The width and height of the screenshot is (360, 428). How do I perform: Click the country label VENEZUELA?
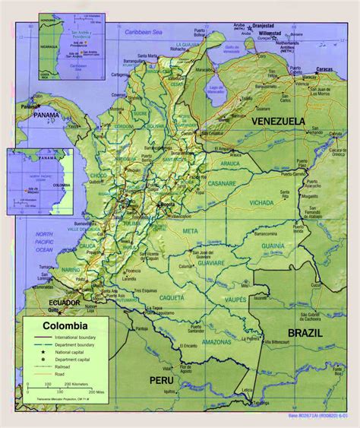coord(278,122)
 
